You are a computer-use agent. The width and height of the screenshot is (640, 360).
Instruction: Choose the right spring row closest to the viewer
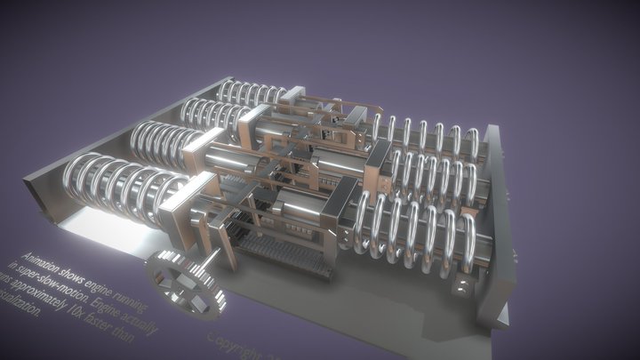click(418, 236)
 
